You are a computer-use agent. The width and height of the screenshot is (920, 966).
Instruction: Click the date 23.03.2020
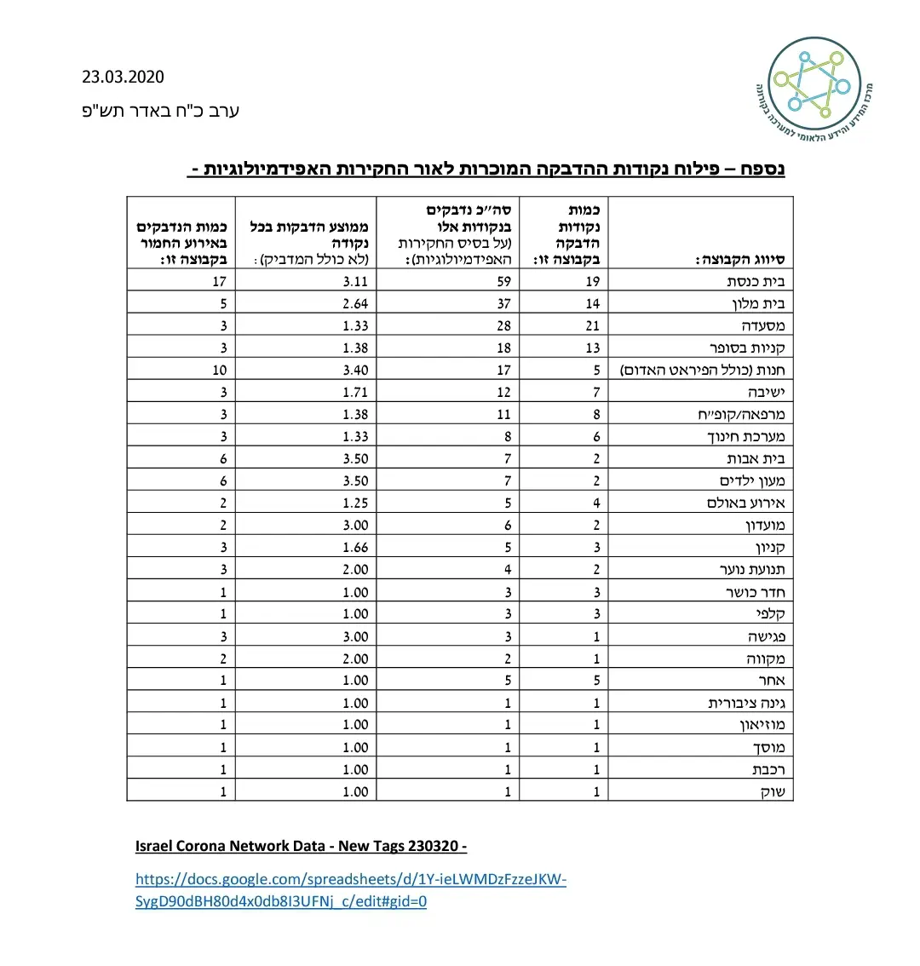point(123,77)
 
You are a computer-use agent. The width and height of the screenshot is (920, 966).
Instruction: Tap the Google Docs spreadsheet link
point(350,890)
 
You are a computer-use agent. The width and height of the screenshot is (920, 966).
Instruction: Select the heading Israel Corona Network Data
point(301,846)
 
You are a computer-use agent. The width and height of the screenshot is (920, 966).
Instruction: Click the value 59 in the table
point(503,281)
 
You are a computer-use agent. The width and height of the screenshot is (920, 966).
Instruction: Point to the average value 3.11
point(355,281)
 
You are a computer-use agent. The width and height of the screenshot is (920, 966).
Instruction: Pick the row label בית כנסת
point(756,281)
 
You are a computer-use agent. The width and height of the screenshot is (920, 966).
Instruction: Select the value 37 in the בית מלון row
point(503,303)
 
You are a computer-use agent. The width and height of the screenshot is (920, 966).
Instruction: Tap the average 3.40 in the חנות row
point(355,370)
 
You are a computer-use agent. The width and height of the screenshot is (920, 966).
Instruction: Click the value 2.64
point(355,303)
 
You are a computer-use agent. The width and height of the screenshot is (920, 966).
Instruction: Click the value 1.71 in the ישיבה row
point(355,392)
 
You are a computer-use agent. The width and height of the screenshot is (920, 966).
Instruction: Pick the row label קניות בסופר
point(746,348)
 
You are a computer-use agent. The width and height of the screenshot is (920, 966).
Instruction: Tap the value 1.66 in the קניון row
point(355,548)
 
